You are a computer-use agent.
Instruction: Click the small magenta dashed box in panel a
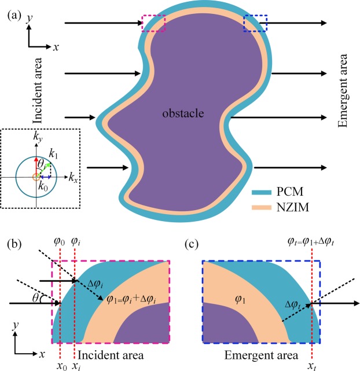[153, 24]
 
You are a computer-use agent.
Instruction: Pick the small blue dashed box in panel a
[255, 23]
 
